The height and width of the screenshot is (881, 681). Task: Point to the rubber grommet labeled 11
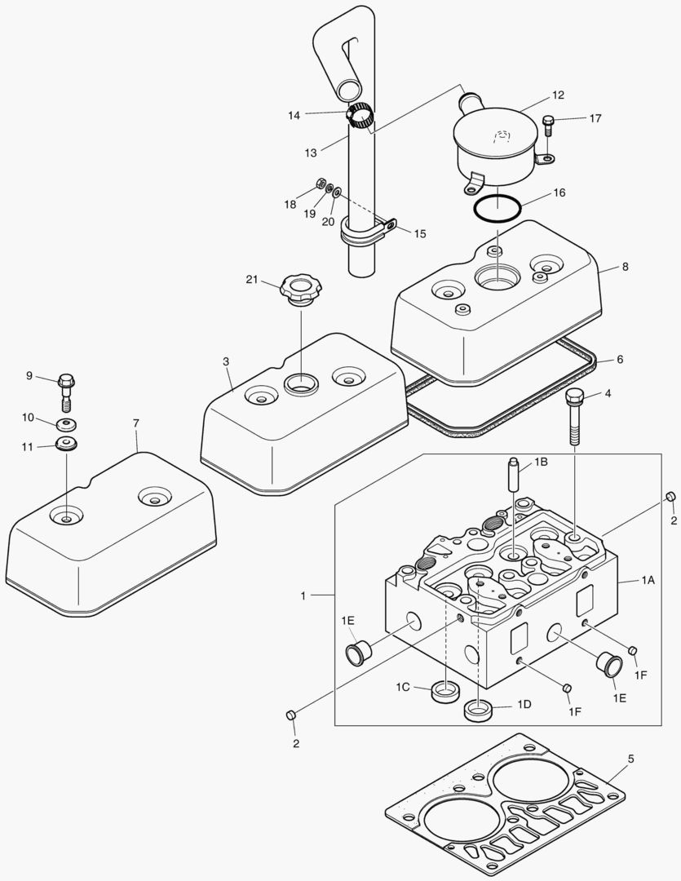click(65, 445)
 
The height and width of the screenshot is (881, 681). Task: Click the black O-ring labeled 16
click(499, 207)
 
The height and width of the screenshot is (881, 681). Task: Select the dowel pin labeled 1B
click(514, 476)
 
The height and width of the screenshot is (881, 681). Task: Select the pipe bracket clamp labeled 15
click(367, 231)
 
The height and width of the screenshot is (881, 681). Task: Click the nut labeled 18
click(321, 184)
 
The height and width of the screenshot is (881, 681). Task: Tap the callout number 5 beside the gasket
click(630, 759)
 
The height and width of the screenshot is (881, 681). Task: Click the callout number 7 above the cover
click(136, 423)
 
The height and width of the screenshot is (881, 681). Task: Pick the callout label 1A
click(648, 580)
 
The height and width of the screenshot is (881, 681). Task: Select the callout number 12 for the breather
click(558, 95)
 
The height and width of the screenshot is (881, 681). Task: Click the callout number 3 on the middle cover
click(226, 361)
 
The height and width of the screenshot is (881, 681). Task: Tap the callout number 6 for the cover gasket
click(620, 359)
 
